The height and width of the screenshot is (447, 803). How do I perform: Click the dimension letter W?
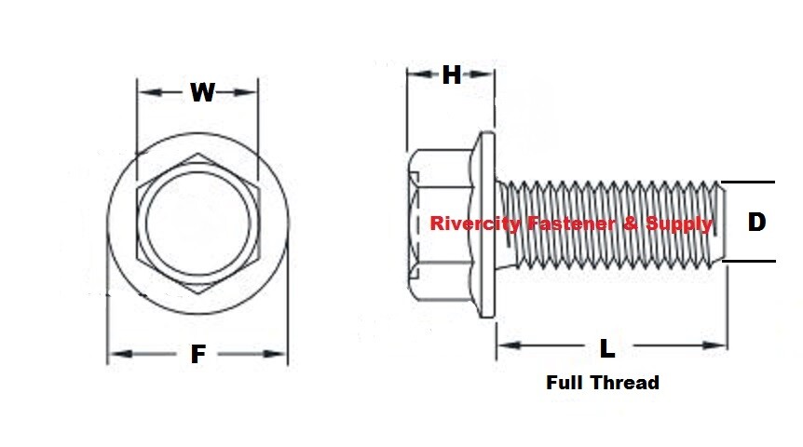tap(202, 92)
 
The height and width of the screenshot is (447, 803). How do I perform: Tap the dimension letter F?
tap(197, 355)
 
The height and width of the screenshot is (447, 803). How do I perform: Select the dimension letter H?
tap(452, 75)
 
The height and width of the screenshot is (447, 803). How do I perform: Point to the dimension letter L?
tap(607, 348)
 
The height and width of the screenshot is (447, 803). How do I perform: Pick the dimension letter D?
tap(756, 222)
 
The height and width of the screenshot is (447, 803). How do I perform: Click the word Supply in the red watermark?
tap(682, 223)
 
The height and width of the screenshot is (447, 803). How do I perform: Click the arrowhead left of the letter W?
tap(145, 91)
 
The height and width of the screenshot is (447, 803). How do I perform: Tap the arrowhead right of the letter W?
tap(249, 91)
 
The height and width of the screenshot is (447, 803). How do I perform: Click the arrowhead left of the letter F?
tap(116, 354)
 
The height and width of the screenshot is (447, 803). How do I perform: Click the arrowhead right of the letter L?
tap(718, 346)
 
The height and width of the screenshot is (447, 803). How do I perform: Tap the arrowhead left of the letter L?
tap(506, 346)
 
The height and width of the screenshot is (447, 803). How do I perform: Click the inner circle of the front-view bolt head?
tap(197, 223)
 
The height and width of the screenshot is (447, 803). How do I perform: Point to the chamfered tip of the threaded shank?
tap(720, 222)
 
